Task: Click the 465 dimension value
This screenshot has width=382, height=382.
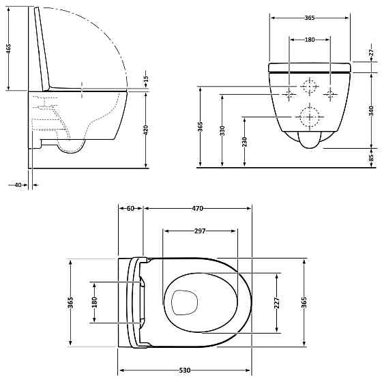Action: pos(8,51)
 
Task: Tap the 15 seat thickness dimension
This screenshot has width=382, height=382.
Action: pos(145,80)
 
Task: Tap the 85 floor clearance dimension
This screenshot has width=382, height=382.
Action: pos(372,158)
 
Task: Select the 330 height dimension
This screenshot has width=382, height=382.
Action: pos(222,130)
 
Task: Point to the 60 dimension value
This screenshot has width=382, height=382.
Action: pos(130,208)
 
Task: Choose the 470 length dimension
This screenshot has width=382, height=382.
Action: pos(197,208)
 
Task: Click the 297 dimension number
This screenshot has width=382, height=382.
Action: pos(199,231)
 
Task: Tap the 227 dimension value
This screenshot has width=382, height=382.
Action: pos(276,302)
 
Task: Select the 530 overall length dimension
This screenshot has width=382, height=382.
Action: pos(184,370)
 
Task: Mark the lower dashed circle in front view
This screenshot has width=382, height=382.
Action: pos(310,117)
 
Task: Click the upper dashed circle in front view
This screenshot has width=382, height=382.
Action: pos(310,87)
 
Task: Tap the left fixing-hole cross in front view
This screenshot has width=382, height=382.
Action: pos(289,93)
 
